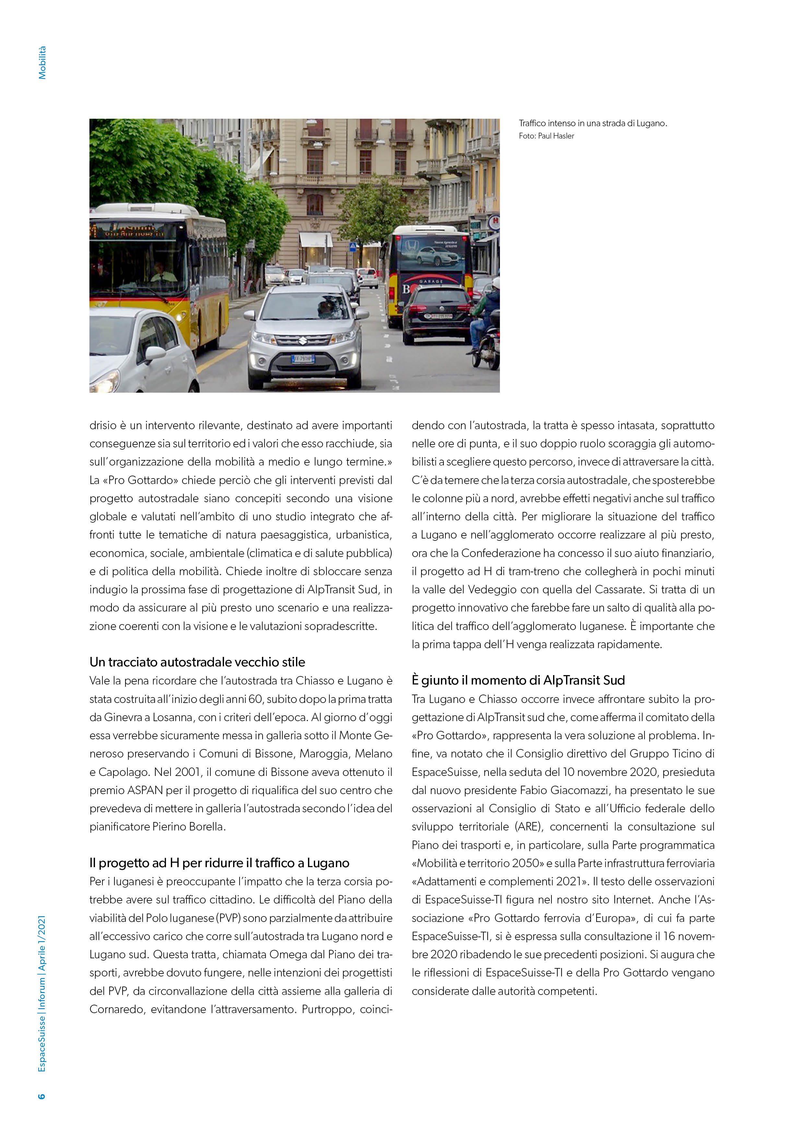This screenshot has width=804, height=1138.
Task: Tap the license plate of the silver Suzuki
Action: (x=302, y=359)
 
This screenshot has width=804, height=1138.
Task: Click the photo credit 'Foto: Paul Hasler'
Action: (x=546, y=136)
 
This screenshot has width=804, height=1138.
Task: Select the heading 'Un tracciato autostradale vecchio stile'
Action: (x=197, y=662)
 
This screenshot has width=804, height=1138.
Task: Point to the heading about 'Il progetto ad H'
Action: (x=219, y=863)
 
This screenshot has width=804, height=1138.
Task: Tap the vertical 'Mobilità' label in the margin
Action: (x=42, y=63)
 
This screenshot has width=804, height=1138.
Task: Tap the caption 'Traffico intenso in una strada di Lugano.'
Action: (x=593, y=123)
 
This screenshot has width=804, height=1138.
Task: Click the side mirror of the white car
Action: (x=155, y=353)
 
